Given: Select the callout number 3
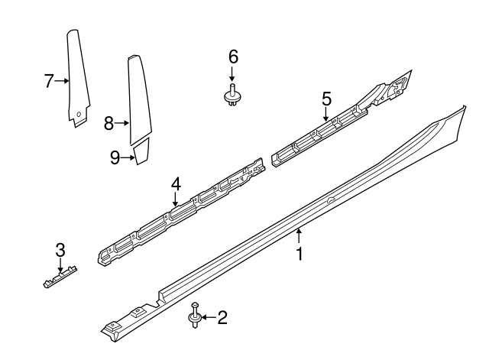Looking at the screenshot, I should [x=60, y=249].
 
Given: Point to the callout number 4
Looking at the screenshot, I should [x=176, y=184].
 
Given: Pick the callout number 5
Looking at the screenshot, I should [x=326, y=99].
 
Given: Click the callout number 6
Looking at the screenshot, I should [x=233, y=56].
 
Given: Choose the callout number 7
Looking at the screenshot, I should [x=49, y=79].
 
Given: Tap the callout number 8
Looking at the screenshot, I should [x=108, y=122].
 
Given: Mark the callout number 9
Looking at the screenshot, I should [x=115, y=157].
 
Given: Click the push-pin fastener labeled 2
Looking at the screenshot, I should [x=195, y=316].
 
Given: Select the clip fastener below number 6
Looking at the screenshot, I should [x=233, y=96].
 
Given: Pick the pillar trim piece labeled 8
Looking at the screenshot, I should [x=138, y=99].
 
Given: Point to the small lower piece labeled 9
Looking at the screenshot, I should [x=141, y=157].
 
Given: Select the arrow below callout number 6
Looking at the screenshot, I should [x=233, y=74].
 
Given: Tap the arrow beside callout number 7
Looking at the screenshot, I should [x=63, y=79].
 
